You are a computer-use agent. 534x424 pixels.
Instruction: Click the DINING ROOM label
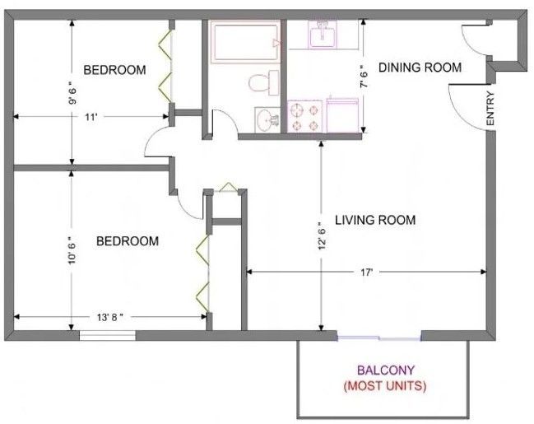(419, 68)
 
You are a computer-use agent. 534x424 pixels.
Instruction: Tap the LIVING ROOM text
(374, 220)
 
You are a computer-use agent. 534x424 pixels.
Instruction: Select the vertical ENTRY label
(490, 109)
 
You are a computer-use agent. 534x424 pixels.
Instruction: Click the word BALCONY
(379, 370)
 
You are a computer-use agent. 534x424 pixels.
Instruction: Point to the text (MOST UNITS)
(379, 385)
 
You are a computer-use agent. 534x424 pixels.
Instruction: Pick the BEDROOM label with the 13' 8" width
(127, 241)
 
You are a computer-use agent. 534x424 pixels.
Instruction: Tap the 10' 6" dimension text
(73, 246)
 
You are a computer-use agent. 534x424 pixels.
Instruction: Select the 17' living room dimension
(366, 272)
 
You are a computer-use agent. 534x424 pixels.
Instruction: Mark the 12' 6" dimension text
(320, 235)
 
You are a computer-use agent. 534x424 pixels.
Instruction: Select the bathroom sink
(267, 120)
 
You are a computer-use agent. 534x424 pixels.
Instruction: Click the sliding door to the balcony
(378, 336)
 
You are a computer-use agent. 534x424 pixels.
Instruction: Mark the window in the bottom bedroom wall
(107, 334)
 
